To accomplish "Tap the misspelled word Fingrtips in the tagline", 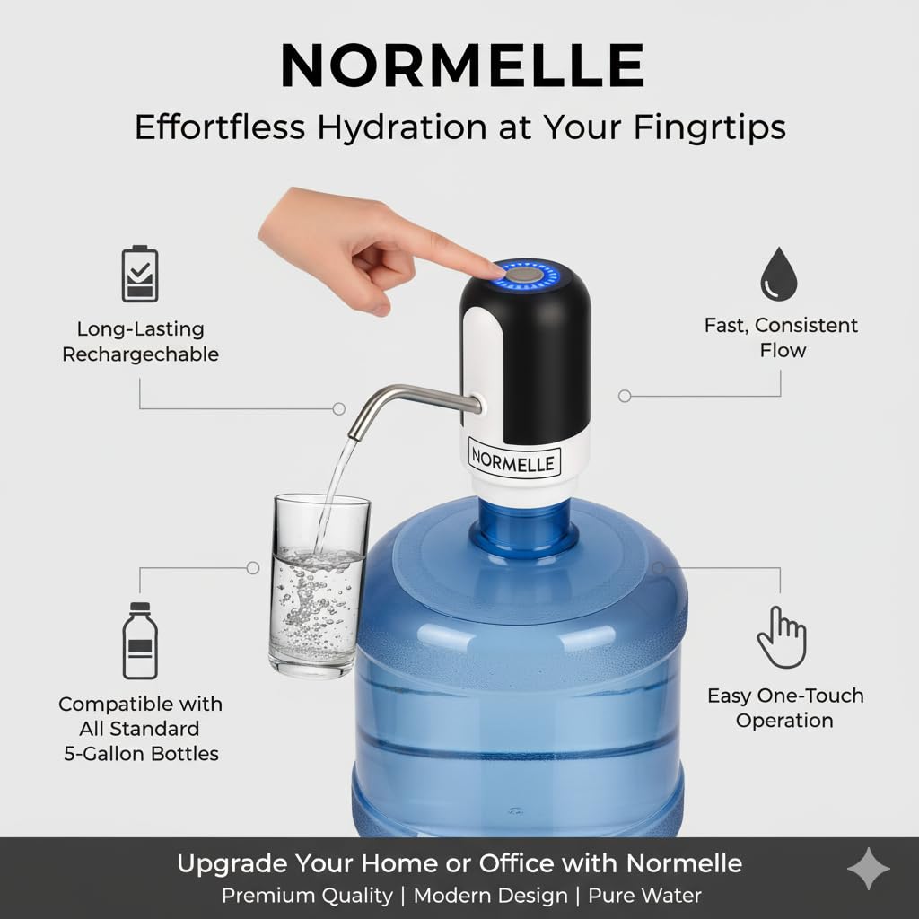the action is pos(709,127).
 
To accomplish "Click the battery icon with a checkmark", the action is pos(139,274).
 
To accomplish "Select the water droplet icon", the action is pos(779,274).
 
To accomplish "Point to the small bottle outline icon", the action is pos(140,641).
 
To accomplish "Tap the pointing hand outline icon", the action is pos(782,637).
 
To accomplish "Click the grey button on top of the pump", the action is pos(524,275).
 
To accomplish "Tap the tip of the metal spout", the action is pos(354,435).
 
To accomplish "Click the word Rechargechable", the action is pos(141,354).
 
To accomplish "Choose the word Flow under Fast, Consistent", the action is pos(783,351).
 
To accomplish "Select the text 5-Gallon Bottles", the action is pos(141,753).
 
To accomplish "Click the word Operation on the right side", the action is pos(784,721).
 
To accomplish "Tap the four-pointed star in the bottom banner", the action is pos(869,869).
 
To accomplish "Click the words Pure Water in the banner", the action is pos(644,896).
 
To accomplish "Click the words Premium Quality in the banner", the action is pos(307,897).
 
